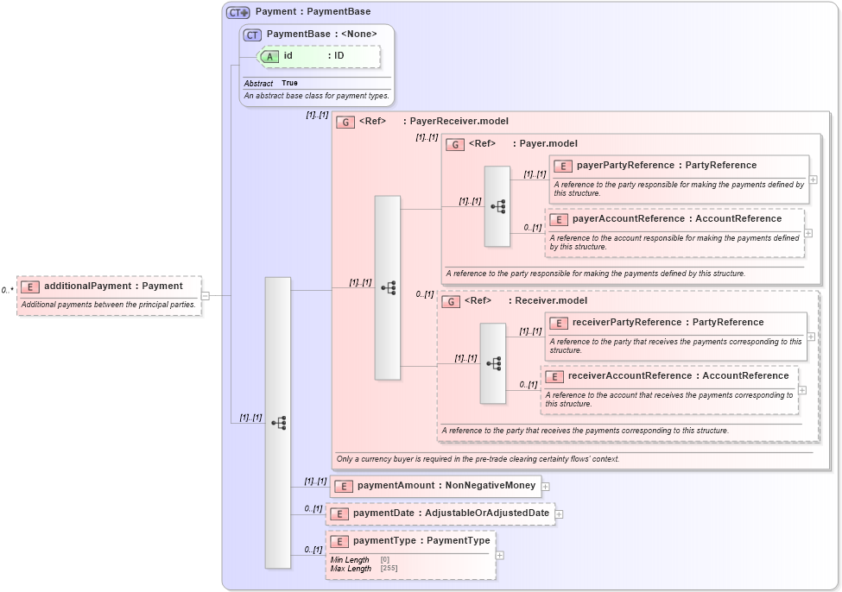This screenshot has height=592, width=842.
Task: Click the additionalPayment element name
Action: pos(113,286)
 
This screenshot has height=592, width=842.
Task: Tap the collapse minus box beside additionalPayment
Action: pos(205,296)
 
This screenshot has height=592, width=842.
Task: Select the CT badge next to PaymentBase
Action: pos(252,35)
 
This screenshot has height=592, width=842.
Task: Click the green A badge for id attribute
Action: pos(269,56)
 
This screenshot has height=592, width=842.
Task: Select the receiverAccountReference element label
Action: pos(678,375)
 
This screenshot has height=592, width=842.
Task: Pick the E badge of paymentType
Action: pos(339,541)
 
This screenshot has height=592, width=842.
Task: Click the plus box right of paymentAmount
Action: pos(546,487)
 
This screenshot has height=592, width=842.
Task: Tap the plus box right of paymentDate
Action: pos(559,514)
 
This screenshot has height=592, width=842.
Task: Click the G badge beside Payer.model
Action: pos(455,144)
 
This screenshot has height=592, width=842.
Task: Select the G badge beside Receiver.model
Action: pos(451,301)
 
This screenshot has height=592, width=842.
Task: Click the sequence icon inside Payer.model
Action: pos(497,206)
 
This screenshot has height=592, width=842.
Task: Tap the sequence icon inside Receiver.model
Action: pos(493,363)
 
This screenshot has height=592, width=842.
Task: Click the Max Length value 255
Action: pos(389,569)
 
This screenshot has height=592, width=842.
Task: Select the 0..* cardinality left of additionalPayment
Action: pos(8,291)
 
